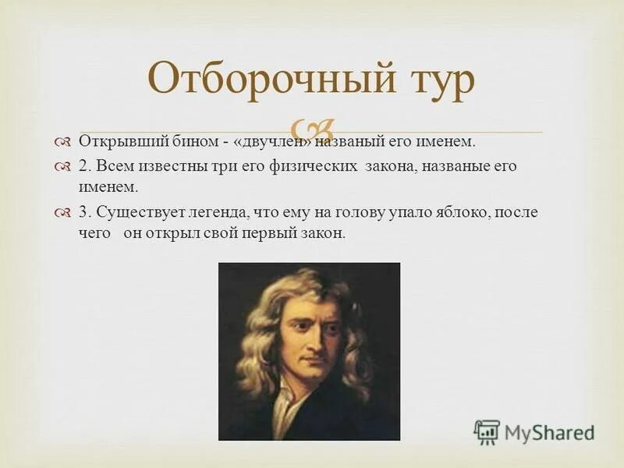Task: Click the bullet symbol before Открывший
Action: coord(63,142)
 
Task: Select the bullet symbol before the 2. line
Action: coord(63,167)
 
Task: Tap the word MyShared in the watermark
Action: coord(550,433)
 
